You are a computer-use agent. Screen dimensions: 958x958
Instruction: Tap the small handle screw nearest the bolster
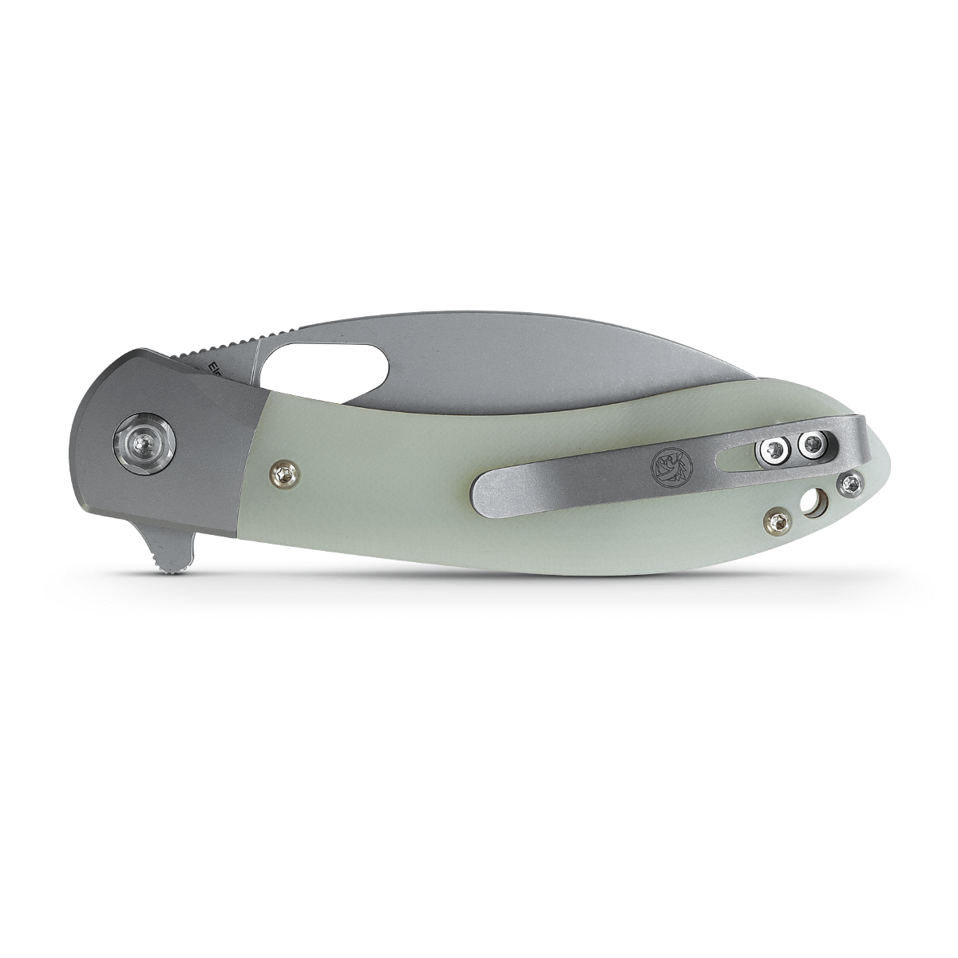tap(284, 474)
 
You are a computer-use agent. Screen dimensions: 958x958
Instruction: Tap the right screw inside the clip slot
tap(813, 444)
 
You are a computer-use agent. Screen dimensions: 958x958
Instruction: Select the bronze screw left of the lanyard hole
tap(777, 521)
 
